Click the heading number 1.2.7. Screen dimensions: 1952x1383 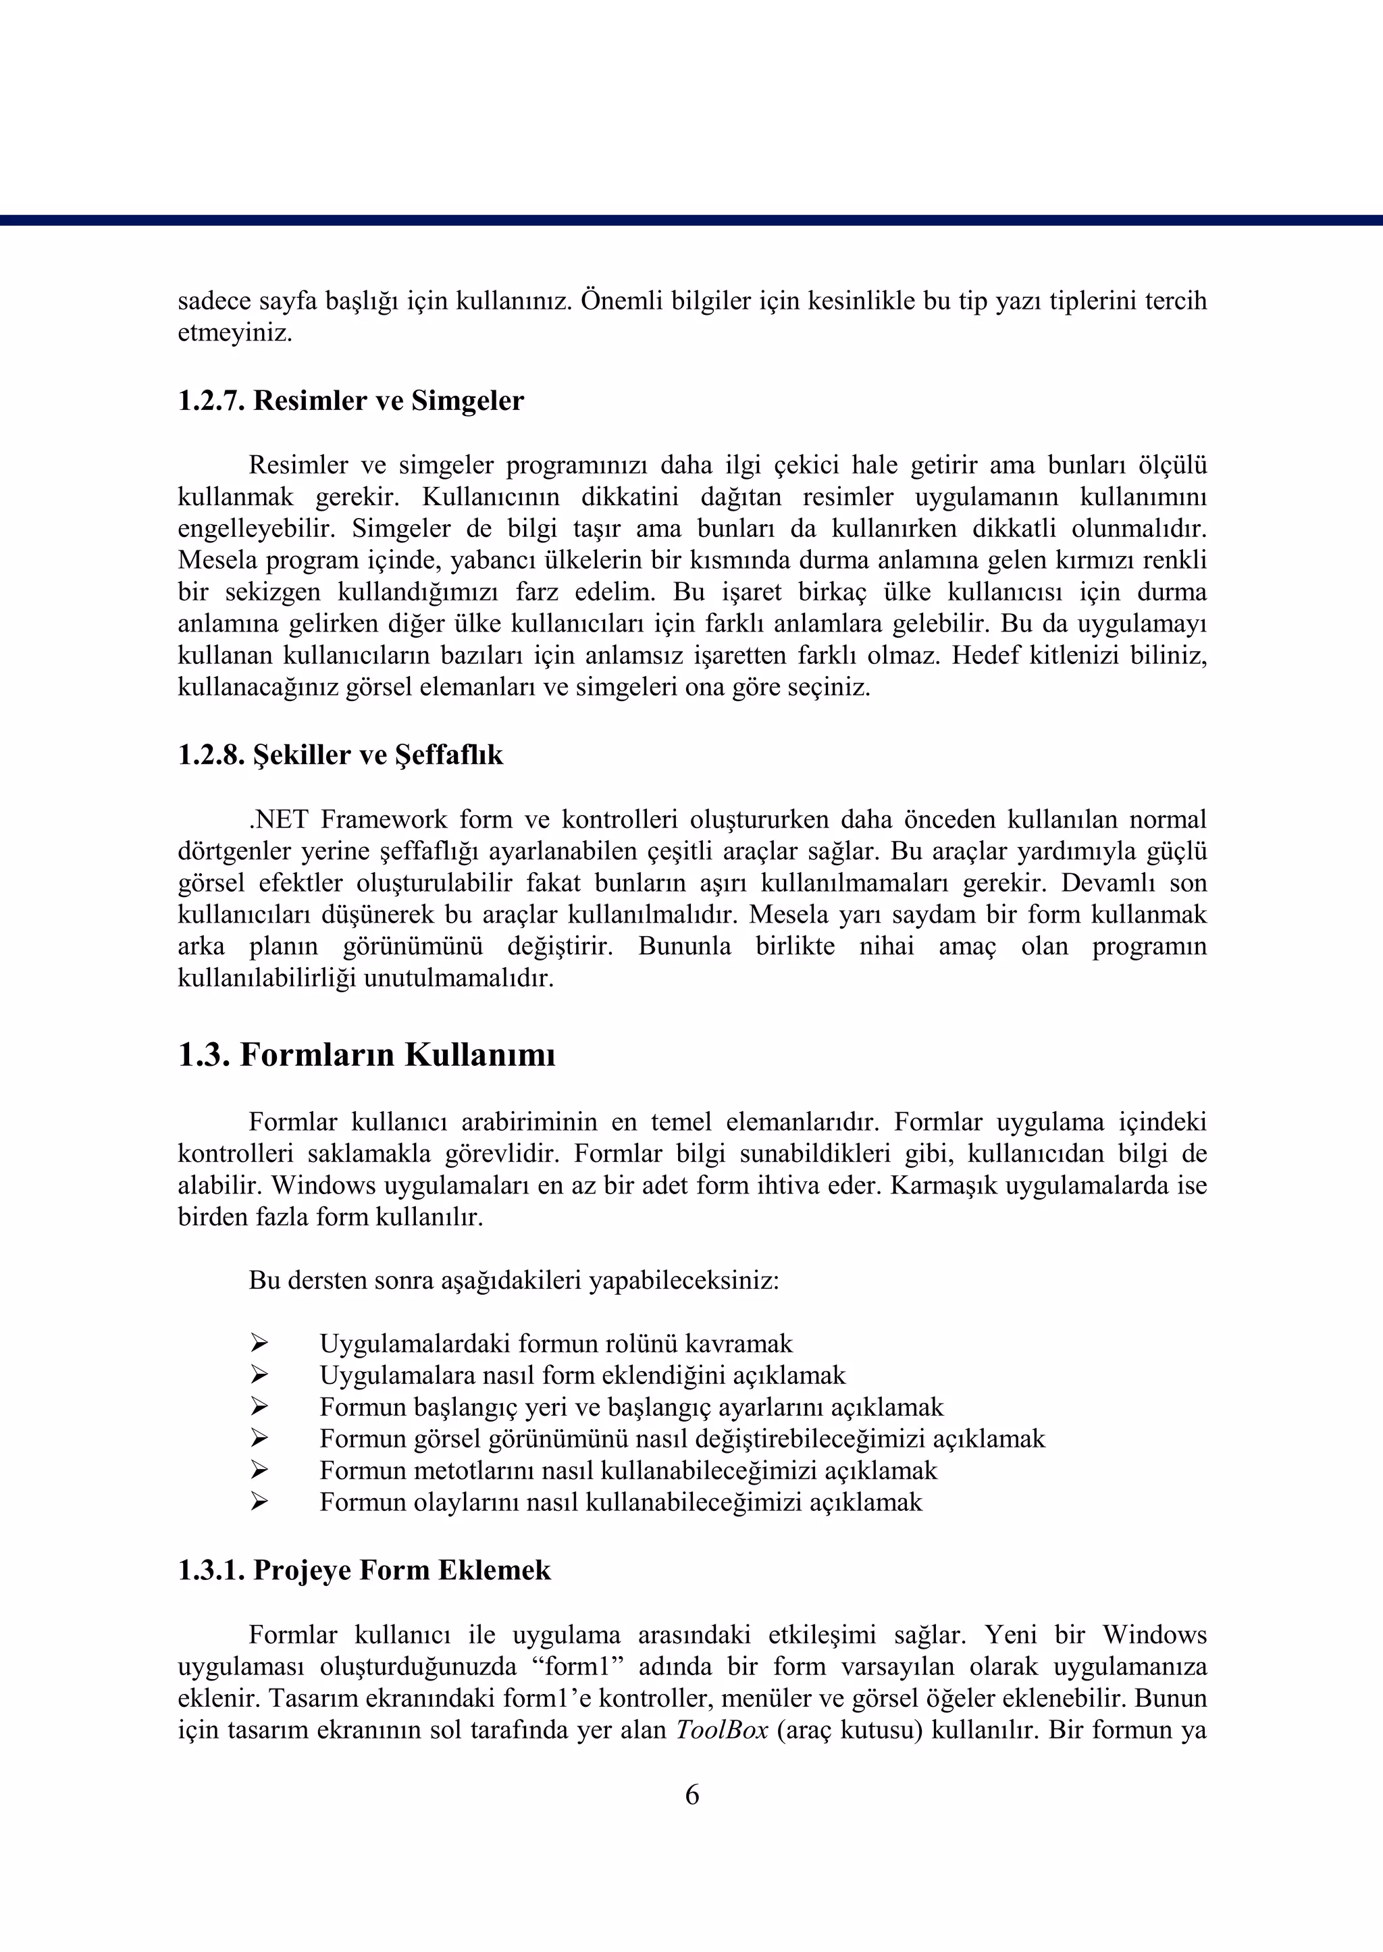211,401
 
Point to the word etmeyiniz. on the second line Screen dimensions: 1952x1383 234,333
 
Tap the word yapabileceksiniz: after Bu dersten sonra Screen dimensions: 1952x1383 684,1281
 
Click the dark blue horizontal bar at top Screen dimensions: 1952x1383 691,220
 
